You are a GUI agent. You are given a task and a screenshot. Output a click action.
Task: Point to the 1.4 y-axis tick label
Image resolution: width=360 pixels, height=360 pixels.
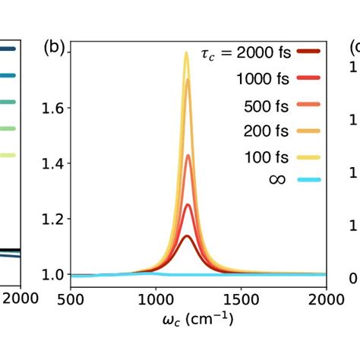coord(53,163)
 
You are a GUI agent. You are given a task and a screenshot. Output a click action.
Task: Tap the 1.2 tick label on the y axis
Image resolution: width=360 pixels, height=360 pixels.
coord(53,219)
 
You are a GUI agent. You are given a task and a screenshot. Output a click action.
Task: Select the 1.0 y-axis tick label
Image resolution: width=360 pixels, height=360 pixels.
coord(53,274)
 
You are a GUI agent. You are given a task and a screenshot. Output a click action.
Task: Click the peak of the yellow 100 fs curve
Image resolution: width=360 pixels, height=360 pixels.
coord(186,52)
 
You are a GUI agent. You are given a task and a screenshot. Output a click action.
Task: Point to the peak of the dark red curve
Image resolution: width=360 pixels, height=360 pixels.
coord(187,236)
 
